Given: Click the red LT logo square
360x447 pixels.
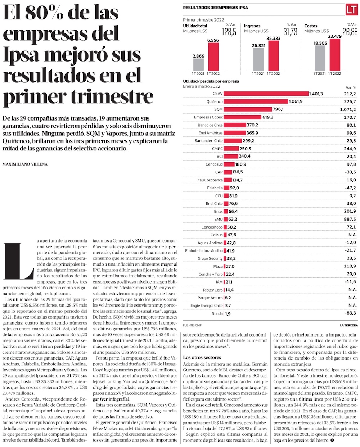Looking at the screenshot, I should pyautogui.click(x=351, y=10).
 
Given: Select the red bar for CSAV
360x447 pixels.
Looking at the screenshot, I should pyautogui.click(x=266, y=94).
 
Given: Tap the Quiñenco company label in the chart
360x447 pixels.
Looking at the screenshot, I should pyautogui.click(x=215, y=101).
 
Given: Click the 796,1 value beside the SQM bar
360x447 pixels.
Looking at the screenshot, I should pyautogui.click(x=278, y=109).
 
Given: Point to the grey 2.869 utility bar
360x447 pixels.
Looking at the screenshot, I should pyautogui.click(x=198, y=64).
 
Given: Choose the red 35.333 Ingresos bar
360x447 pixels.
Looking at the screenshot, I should pyautogui.click(x=274, y=55).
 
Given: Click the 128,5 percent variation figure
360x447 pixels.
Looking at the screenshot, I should pyautogui.click(x=229, y=32).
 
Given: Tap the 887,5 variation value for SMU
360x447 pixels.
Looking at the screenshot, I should pyautogui.click(x=349, y=219).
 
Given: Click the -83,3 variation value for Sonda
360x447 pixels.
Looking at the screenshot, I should pyautogui.click(x=349, y=313).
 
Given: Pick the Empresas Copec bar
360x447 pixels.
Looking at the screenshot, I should pyautogui.click(x=243, y=117).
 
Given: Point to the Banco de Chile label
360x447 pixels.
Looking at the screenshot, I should pyautogui.click(x=210, y=125).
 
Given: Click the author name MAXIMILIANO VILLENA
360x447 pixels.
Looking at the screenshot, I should pyautogui.click(x=25, y=164).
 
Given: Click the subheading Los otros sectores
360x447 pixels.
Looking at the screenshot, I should pyautogui.click(x=202, y=357).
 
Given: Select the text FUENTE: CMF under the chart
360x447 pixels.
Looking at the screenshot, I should pyautogui.click(x=192, y=325).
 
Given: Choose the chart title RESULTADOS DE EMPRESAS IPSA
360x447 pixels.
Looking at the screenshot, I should pyautogui.click(x=215, y=8).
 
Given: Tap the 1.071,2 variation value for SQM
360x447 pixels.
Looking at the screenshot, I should pyautogui.click(x=347, y=109).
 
